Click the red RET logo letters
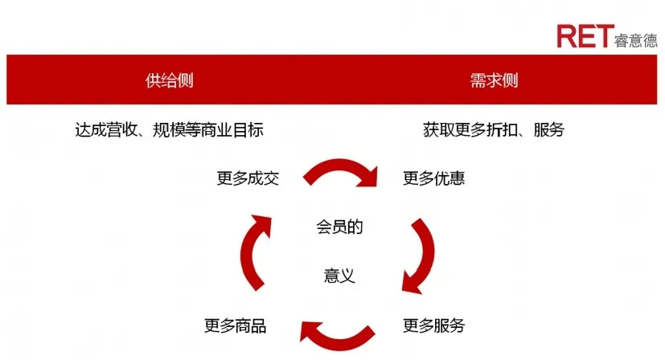click(584, 36)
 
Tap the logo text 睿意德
click(635, 39)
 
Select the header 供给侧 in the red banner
click(169, 80)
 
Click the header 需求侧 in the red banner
click(494, 80)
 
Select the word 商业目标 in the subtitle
click(236, 129)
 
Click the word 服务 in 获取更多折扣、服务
click(549, 129)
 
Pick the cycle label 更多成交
click(247, 178)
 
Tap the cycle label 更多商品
click(235, 326)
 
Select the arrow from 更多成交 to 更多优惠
click(340, 171)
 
